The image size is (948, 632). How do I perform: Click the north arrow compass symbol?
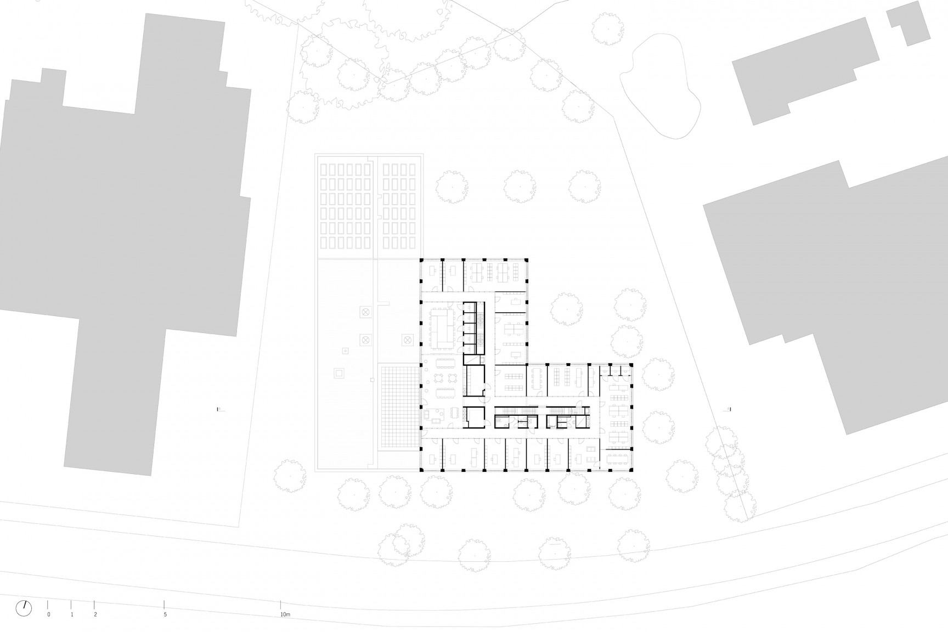[24, 607]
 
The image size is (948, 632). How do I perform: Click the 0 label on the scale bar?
[48, 615]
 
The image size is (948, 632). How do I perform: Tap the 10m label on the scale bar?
[284, 615]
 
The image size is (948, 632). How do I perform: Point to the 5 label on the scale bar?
[165, 615]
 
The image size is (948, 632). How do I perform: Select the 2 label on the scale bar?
[95, 615]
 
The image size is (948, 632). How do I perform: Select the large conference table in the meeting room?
[442, 328]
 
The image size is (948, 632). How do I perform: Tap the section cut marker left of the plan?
[220, 409]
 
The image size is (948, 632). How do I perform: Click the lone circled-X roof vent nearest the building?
[407, 341]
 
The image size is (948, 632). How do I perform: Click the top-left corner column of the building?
[421, 259]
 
